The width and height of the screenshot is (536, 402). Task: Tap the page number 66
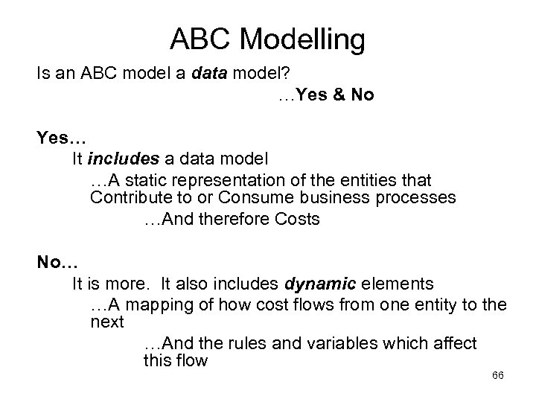coord(498,375)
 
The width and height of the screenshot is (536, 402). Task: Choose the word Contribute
coord(128,198)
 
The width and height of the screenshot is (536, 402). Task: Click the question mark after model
coord(239,74)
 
